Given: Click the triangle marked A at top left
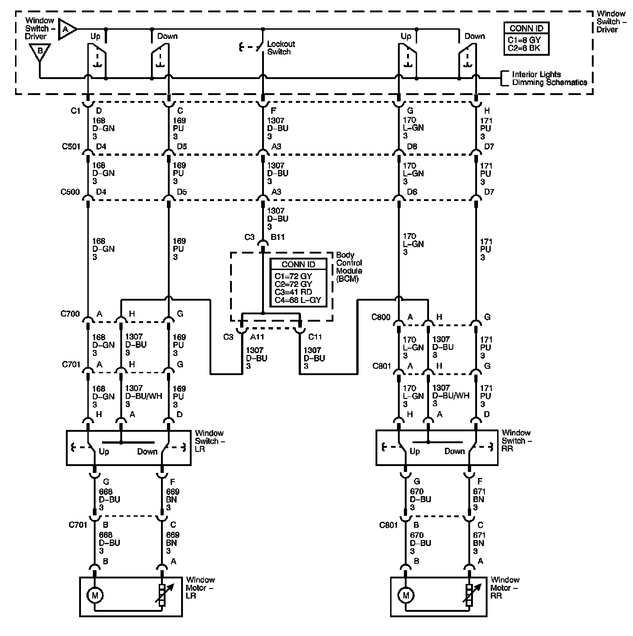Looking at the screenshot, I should (x=66, y=29).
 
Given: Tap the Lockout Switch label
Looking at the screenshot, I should (x=280, y=48).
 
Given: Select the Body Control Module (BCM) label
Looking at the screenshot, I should (x=349, y=267).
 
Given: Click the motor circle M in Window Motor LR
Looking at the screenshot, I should (x=95, y=595).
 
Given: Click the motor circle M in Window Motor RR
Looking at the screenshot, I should (x=405, y=595).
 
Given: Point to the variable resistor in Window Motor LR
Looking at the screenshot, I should (x=161, y=595).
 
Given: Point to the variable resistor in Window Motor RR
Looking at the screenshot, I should (x=469, y=595).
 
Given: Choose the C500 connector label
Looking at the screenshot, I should (x=70, y=192).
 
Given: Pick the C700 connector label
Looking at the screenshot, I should (x=70, y=314).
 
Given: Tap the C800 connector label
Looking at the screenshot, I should (x=381, y=317).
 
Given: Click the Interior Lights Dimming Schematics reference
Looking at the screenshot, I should (x=549, y=78).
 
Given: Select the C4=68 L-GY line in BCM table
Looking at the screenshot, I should (x=297, y=300).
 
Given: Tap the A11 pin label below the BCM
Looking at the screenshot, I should (x=257, y=337).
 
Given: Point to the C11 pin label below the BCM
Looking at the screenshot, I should (x=315, y=337).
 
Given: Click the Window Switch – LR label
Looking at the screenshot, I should (x=209, y=441).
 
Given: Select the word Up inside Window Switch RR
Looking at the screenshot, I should (x=414, y=451).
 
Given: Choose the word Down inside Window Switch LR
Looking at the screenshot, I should (x=147, y=452).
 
